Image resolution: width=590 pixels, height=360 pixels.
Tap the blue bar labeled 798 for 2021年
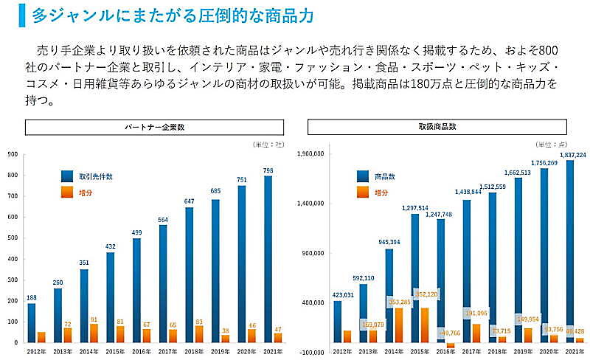click(x=268, y=258)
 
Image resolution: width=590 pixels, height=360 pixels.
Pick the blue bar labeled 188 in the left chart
click(x=32, y=322)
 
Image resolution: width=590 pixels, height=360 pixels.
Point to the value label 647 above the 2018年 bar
click(x=190, y=201)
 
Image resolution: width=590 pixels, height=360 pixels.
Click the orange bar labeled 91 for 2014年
click(x=94, y=333)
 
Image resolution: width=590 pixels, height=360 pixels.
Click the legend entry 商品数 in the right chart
click(x=385, y=176)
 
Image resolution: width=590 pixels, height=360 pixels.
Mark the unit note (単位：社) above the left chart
click(x=267, y=145)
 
